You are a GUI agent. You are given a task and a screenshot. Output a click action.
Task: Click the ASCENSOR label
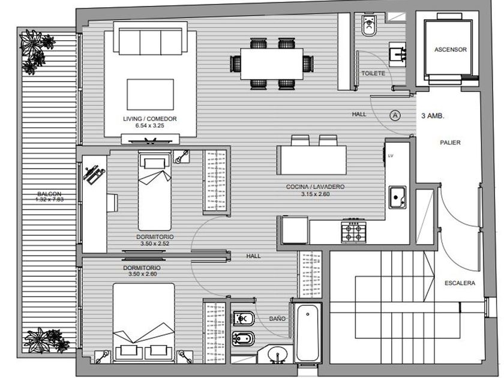tap(451, 49)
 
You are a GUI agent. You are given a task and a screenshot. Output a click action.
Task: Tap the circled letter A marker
tap(395, 115)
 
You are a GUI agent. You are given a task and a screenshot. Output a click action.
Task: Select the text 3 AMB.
tap(433, 116)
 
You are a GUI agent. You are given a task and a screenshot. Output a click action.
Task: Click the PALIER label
tap(450, 142)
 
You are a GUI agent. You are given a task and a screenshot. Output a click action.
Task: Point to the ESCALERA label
tap(460, 283)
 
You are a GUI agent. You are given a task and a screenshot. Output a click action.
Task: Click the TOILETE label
tap(373, 73)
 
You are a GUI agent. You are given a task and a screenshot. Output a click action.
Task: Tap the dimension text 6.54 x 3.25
tap(150, 125)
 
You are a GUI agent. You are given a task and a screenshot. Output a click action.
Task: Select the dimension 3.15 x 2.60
tap(316, 194)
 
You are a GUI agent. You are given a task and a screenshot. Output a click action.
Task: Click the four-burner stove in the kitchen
tap(353, 231)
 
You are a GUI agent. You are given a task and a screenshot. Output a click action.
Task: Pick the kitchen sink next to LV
tap(397, 197)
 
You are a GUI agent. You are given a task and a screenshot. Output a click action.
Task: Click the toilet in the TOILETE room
tap(368, 25)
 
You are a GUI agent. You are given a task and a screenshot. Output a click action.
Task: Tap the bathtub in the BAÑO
tap(308, 332)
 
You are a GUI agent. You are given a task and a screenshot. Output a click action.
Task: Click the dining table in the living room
tap(272, 64)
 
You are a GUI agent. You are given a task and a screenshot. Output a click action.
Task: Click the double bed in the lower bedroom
tap(143, 322)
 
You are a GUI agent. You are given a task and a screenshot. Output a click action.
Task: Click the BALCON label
tap(49, 194)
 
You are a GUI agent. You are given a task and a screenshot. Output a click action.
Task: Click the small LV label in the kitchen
tap(391, 156)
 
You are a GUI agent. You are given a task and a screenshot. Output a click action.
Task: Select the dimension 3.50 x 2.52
tap(155, 244)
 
